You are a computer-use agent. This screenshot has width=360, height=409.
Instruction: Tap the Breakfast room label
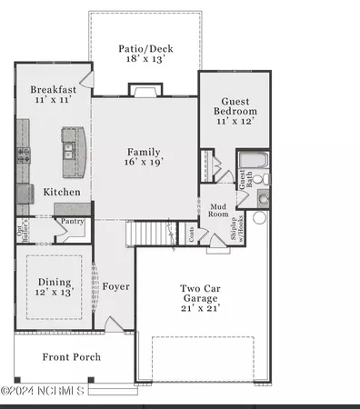(52, 90)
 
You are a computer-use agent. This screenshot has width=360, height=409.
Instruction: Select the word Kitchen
(62, 192)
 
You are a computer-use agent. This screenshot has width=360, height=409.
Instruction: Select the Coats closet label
(191, 233)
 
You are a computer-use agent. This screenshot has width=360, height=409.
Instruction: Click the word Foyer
(115, 286)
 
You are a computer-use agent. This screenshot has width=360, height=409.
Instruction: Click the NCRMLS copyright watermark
(43, 391)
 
